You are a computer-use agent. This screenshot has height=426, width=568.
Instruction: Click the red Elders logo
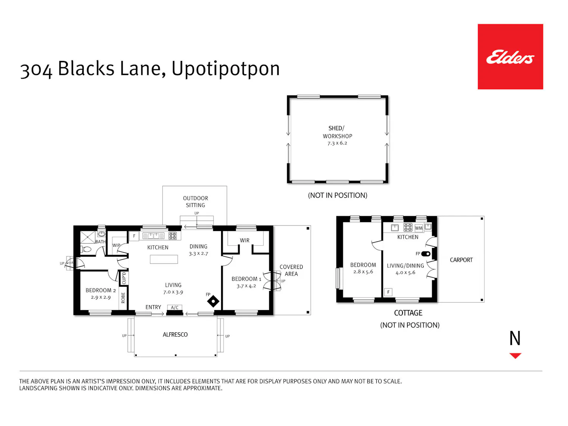click(x=510, y=56)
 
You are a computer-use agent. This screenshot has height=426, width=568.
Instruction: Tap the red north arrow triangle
click(x=515, y=356)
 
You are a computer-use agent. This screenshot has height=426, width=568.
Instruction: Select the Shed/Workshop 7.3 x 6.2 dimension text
click(x=337, y=143)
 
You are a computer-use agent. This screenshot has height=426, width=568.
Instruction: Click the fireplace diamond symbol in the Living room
click(x=213, y=301)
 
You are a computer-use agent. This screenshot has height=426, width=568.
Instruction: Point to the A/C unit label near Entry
click(x=175, y=307)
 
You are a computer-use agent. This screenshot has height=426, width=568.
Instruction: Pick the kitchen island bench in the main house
click(x=164, y=259)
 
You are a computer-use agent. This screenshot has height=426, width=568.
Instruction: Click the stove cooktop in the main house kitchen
click(x=173, y=236)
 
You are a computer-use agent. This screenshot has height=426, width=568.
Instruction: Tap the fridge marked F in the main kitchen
click(x=134, y=236)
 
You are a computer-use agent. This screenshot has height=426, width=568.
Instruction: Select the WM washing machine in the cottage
click(x=418, y=228)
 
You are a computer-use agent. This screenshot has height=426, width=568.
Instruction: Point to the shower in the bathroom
click(x=87, y=237)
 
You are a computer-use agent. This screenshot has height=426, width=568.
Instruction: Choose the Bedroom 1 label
click(x=246, y=279)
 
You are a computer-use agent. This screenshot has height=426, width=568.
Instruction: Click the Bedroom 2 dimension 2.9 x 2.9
click(x=101, y=297)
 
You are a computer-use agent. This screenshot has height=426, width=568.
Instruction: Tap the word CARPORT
click(x=461, y=260)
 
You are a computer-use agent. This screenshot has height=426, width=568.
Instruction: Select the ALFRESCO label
click(x=175, y=334)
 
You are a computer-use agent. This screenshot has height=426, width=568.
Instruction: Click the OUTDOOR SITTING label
click(x=195, y=201)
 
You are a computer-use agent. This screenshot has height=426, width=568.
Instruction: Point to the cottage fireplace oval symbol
click(x=426, y=254)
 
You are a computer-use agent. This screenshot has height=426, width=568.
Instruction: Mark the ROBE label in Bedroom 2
click(x=123, y=298)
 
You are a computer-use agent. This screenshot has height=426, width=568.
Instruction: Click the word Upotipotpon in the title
click(x=225, y=69)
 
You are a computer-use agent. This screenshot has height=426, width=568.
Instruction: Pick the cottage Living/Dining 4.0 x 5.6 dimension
click(x=405, y=272)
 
